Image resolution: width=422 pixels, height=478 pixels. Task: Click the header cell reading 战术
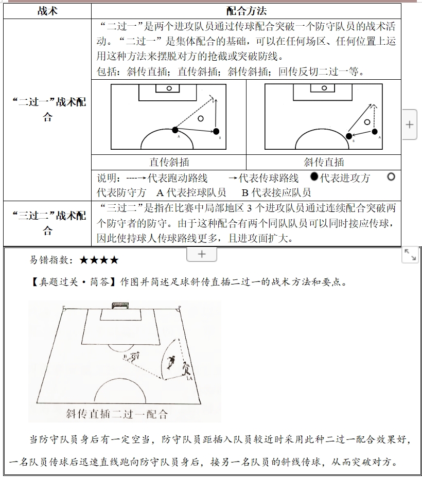pyautogui.click(x=47, y=11)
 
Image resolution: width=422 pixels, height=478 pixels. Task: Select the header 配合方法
pyautogui.click(x=246, y=11)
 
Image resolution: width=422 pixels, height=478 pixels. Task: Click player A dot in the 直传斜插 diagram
pyautogui.click(x=175, y=130)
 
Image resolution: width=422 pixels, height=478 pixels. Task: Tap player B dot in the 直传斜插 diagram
pyautogui.click(x=216, y=131)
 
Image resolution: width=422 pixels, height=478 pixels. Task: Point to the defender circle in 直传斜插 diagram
pyautogui.click(x=201, y=118)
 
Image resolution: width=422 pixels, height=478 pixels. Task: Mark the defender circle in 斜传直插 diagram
pyautogui.click(x=367, y=122)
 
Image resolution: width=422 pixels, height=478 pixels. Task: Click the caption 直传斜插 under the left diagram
pyautogui.click(x=169, y=162)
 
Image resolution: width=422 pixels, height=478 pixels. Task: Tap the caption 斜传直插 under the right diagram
pyautogui.click(x=323, y=162)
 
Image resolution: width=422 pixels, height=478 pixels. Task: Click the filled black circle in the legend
pyautogui.click(x=314, y=177)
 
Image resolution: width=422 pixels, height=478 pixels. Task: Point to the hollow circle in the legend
pyautogui.click(x=391, y=177)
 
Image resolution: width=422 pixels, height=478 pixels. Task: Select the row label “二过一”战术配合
pyautogui.click(x=48, y=109)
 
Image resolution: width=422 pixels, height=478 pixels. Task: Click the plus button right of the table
pyautogui.click(x=409, y=125)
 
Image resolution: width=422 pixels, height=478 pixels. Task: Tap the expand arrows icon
pyautogui.click(x=410, y=255)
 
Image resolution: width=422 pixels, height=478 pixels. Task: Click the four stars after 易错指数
pyautogui.click(x=99, y=260)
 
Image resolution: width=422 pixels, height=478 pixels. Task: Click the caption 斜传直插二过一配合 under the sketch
pyautogui.click(x=117, y=413)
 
